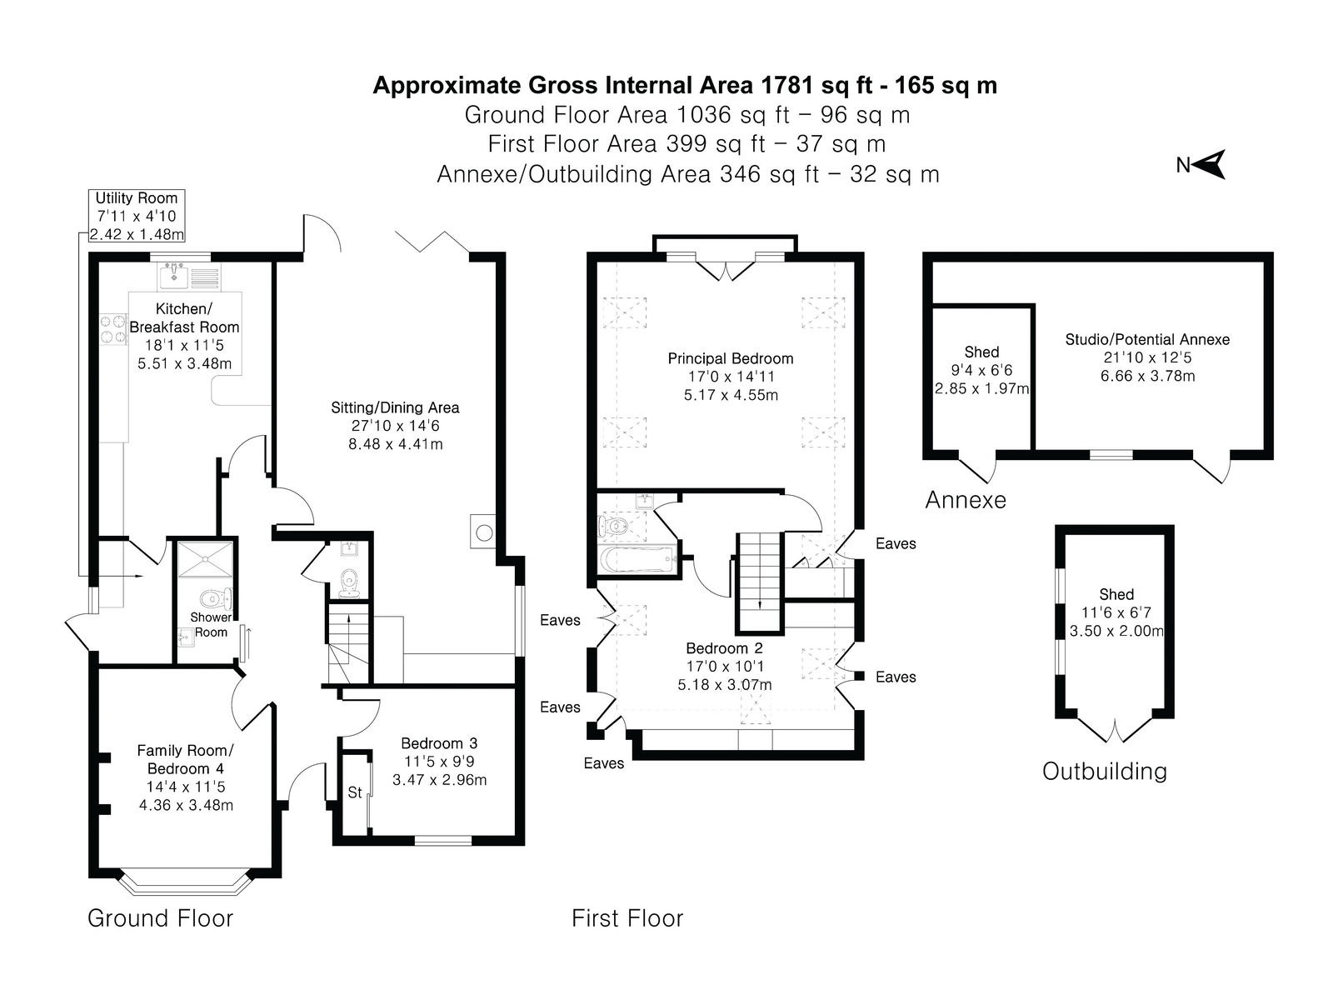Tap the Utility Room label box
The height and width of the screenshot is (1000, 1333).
pos(137,216)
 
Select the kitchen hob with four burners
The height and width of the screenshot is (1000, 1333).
pos(113,328)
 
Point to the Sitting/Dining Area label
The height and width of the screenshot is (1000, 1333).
pos(395,407)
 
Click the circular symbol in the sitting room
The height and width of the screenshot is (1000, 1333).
pos(484,532)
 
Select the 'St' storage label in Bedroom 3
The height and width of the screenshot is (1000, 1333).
pos(355,792)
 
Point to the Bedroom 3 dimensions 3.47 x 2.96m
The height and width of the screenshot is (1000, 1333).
pos(439,780)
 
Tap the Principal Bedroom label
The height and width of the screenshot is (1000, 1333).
pos(731,358)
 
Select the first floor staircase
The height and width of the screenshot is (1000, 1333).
pos(760,582)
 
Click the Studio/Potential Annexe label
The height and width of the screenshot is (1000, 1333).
pos(1147,339)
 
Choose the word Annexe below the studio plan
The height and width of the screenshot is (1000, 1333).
pos(966,500)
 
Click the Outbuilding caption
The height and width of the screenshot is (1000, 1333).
pos(1105,771)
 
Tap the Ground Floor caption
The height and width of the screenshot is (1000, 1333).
pos(160,918)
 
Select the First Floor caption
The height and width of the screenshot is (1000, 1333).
pos(627,918)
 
